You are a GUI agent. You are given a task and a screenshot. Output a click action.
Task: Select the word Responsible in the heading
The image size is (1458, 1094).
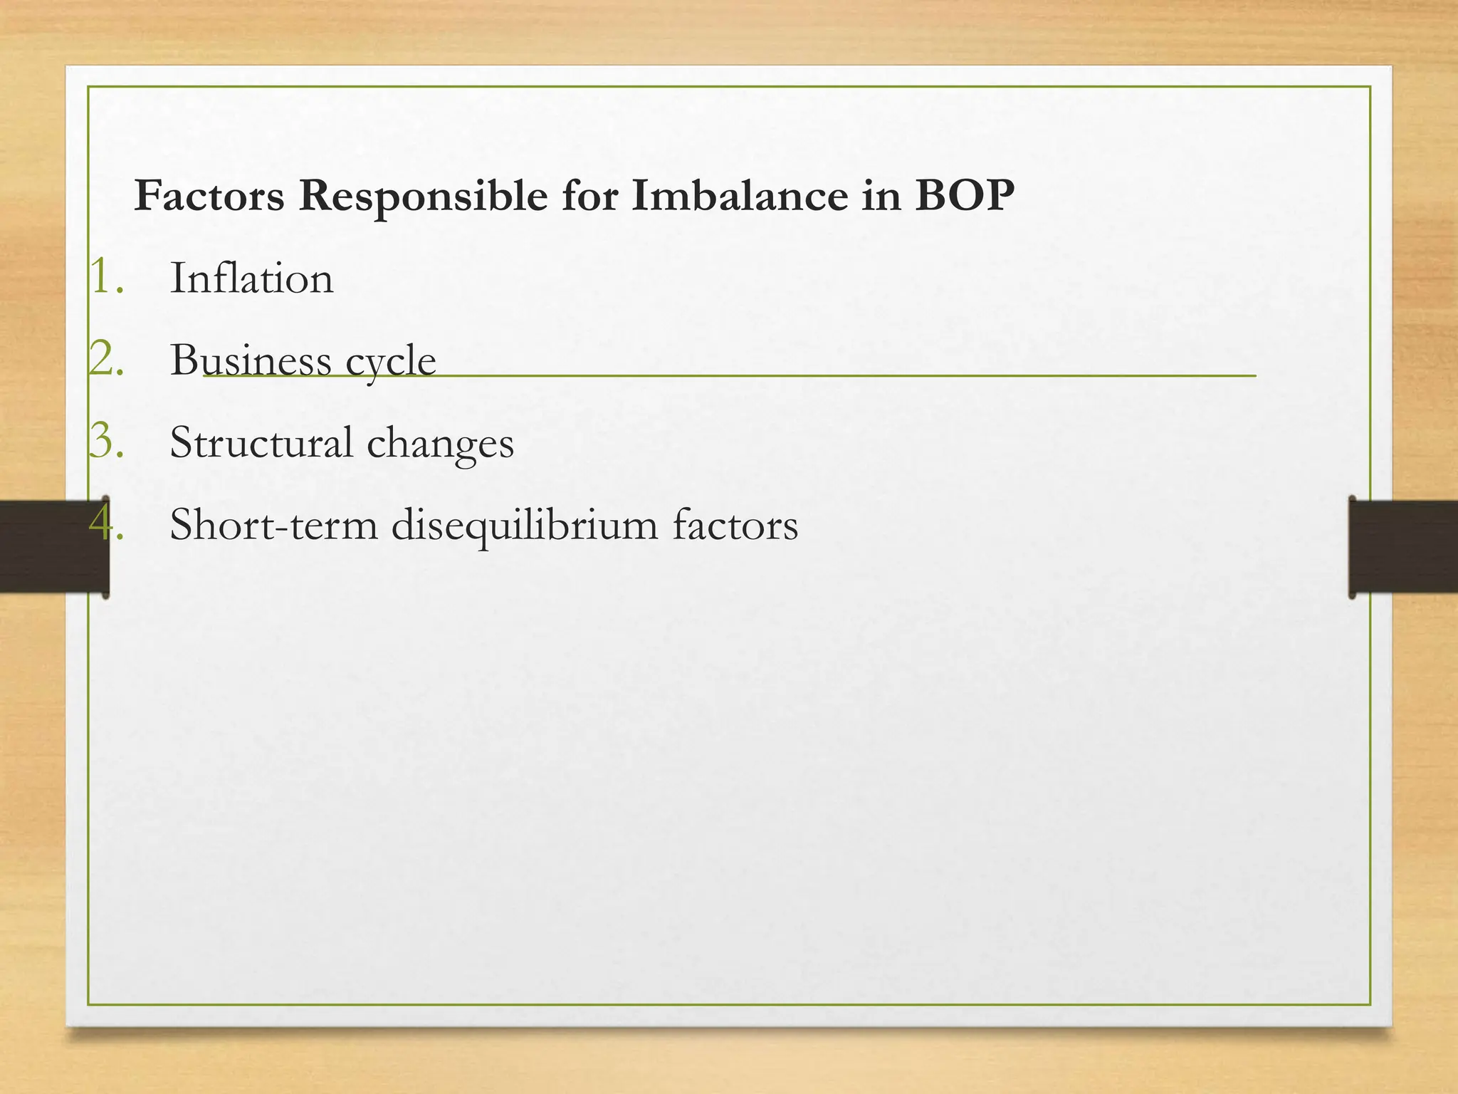coord(423,197)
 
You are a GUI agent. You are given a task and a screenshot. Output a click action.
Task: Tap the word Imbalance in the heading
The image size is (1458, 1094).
coord(740,195)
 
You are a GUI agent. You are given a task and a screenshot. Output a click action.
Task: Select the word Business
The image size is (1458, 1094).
coord(251,360)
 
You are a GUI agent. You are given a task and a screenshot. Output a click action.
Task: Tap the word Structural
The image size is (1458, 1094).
coord(261,442)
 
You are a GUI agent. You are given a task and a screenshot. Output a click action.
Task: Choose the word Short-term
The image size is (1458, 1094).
coord(274,525)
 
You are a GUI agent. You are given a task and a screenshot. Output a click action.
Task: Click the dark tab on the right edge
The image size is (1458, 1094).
coord(1402,546)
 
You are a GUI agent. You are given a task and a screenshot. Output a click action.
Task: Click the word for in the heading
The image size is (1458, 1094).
coord(589,195)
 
